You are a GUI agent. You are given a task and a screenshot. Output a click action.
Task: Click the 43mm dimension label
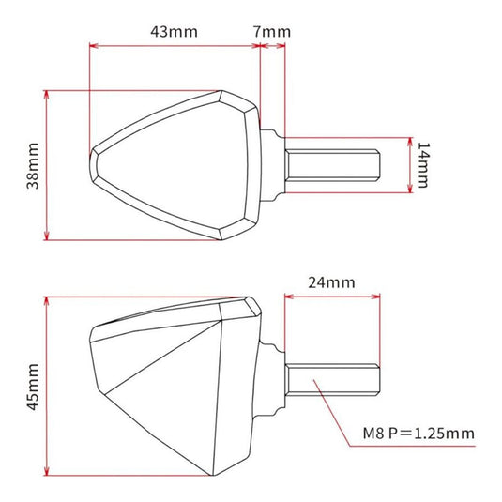pyautogui.click(x=174, y=31)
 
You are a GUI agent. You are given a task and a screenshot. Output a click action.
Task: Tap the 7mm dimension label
pyautogui.click(x=272, y=31)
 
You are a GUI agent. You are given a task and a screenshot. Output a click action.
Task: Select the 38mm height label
pyautogui.click(x=33, y=165)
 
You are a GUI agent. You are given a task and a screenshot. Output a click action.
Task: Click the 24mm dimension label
pyautogui.click(x=332, y=281)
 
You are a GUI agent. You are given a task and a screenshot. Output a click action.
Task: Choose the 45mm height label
pyautogui.click(x=33, y=386)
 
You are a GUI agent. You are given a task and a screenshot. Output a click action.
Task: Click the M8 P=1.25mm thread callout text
pyautogui.click(x=418, y=434)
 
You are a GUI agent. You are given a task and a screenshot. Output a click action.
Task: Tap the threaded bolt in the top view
pyautogui.click(x=334, y=166)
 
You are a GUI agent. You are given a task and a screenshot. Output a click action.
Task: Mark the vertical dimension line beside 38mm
pyautogui.click(x=47, y=165)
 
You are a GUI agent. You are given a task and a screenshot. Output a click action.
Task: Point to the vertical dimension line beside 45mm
pyautogui.click(x=47, y=386)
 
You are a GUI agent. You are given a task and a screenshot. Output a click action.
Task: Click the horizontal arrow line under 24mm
pyautogui.click(x=332, y=296)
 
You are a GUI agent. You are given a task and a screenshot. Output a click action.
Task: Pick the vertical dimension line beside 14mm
pyautogui.click(x=410, y=165)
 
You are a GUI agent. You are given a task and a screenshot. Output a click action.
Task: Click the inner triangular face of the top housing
pyautogui.click(x=178, y=164)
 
